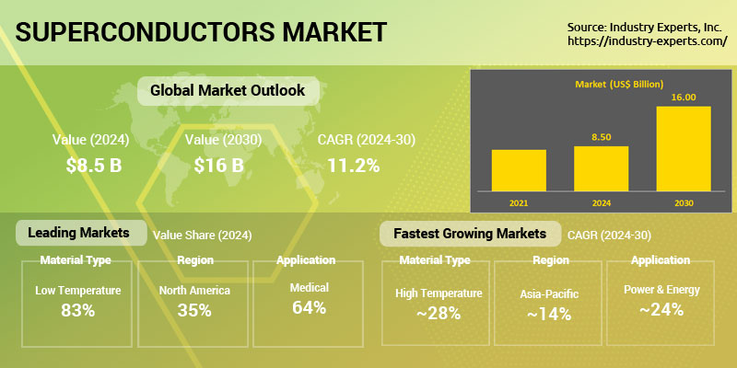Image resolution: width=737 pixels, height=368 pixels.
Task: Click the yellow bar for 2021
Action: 519,170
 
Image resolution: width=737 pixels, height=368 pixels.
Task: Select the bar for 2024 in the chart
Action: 602,168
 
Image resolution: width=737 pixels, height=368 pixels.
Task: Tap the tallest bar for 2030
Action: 684,149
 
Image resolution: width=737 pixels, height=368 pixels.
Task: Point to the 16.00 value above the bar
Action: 684,98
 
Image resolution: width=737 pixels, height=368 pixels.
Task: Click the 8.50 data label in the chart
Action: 602,137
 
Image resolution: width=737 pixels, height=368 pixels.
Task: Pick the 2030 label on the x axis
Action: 684,203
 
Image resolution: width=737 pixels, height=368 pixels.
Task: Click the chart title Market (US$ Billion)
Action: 619,85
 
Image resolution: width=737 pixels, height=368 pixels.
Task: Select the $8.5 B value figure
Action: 94,166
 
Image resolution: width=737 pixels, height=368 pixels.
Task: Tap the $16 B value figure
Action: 219,166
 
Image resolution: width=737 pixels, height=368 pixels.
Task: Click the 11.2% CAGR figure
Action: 354,166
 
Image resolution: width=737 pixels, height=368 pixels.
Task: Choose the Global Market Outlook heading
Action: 228,90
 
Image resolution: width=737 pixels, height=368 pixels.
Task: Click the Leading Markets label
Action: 78,233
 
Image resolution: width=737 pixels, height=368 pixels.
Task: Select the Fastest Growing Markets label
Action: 470,234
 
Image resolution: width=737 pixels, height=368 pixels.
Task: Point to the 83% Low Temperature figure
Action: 78,310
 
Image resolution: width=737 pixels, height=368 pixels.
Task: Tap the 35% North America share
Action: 194,310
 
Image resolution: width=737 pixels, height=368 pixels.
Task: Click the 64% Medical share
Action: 309,307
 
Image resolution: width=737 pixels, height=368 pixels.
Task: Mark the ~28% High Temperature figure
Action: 439,313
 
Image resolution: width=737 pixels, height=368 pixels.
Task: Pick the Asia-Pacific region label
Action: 549,294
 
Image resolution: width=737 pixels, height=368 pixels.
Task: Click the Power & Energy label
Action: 661,290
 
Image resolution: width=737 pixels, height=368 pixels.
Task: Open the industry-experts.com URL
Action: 648,41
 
